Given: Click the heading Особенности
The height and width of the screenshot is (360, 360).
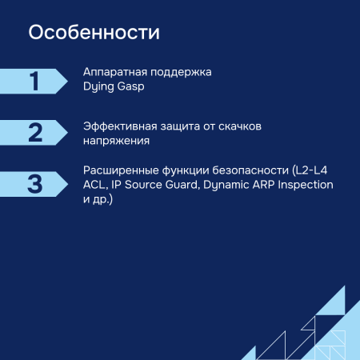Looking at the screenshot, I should click(94, 34).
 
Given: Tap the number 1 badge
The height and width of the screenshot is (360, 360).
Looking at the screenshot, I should click(34, 81).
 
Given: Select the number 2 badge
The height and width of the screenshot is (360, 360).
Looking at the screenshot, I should click(34, 132).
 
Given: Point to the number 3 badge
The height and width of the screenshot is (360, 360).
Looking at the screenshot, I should click(34, 183).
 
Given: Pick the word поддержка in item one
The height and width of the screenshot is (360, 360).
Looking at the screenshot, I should click(183, 71).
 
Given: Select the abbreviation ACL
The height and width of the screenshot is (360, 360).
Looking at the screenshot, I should click(94, 184).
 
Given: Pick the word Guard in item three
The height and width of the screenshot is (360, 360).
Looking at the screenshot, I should click(182, 184).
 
